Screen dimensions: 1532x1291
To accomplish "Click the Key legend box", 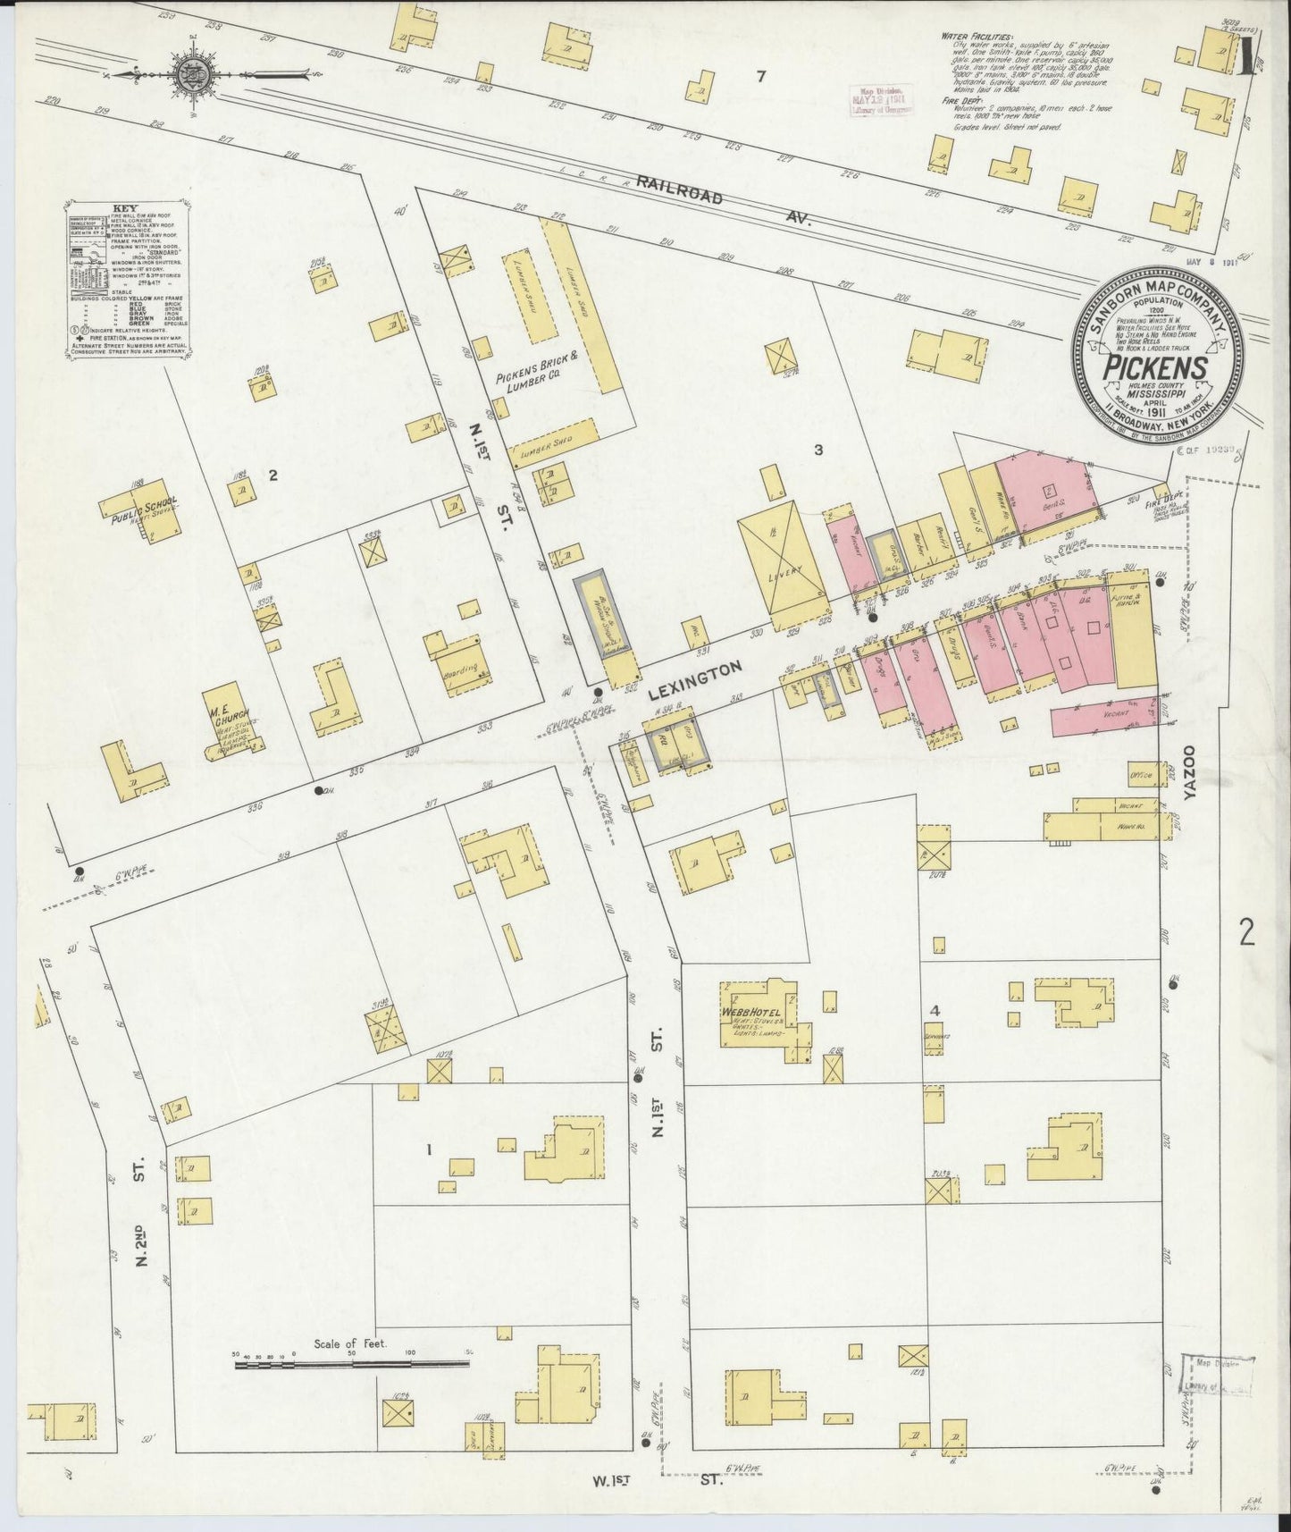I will pos(126,284).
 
